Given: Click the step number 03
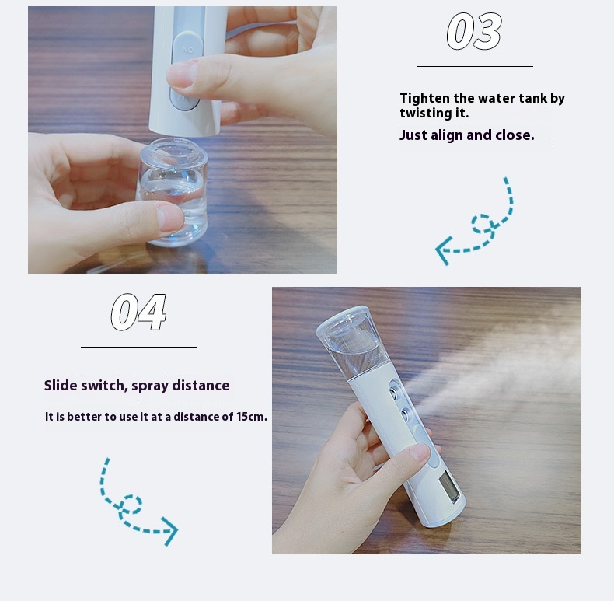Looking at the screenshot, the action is (474, 31).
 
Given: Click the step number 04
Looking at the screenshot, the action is (138, 313).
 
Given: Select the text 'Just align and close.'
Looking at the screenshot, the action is (467, 135).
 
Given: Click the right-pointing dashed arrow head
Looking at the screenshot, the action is (171, 531).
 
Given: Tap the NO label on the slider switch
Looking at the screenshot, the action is (188, 51).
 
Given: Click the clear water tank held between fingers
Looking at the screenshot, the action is (173, 191).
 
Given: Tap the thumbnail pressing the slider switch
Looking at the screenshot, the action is (180, 74).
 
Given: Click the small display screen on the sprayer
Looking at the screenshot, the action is (449, 487).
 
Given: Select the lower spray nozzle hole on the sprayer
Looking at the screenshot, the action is (406, 414).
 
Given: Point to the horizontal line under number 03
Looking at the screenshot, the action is (475, 66).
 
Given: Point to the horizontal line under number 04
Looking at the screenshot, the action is (139, 347).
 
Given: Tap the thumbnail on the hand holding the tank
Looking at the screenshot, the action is (169, 218).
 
